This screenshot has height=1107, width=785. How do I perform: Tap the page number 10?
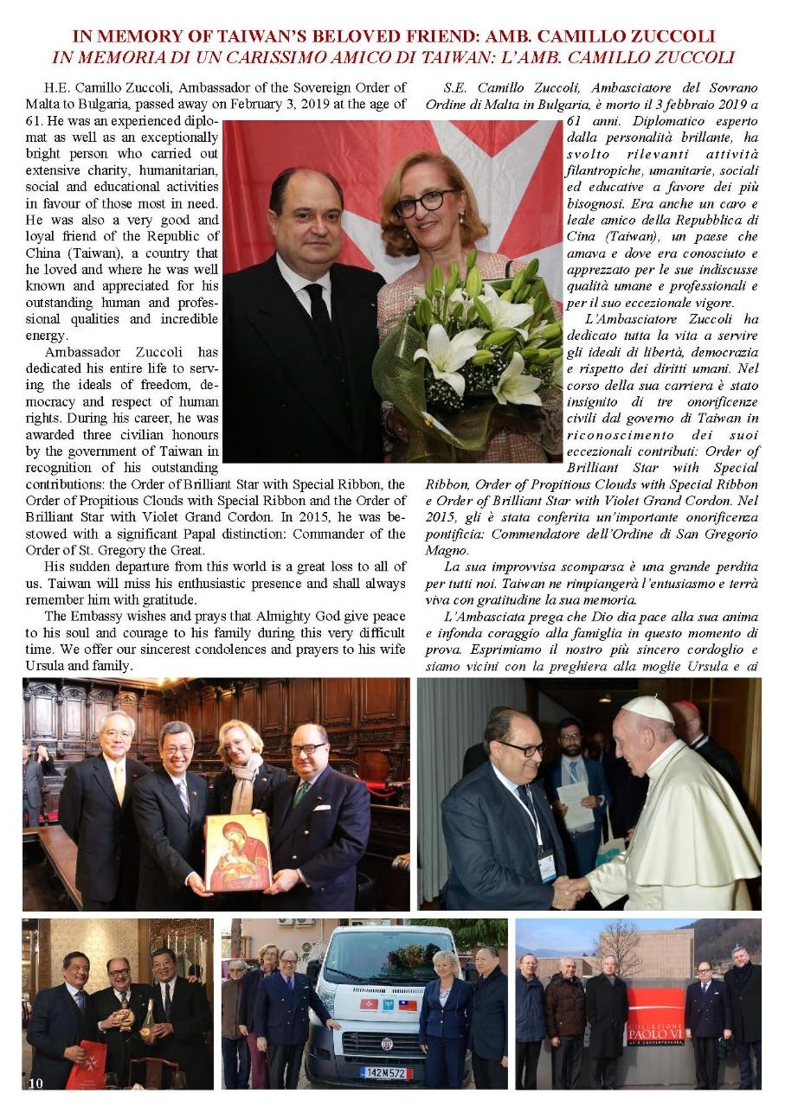tap(35, 1083)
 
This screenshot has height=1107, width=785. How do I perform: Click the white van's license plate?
tap(386, 1072)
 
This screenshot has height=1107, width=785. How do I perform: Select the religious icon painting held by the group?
tap(238, 853)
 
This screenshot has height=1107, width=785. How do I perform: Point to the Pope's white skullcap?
tap(648, 709)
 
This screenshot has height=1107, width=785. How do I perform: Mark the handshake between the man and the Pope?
tap(570, 888)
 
